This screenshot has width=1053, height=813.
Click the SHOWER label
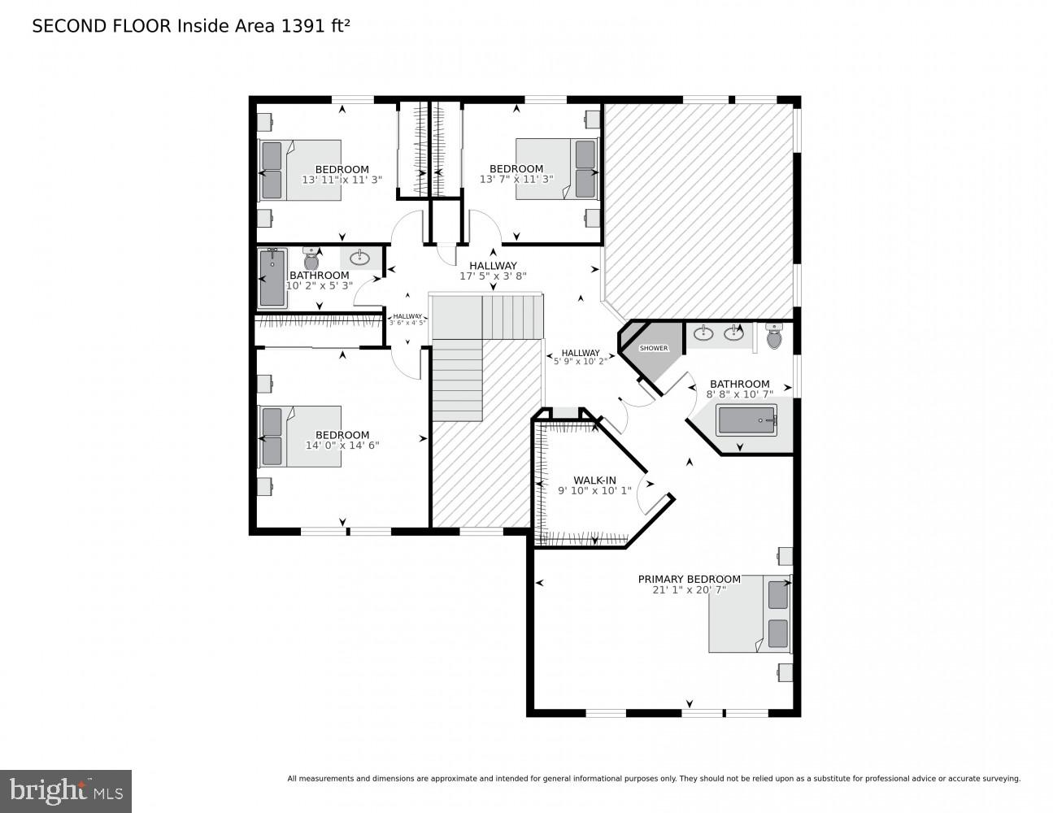tap(654, 348)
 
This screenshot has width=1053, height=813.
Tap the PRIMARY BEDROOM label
tap(689, 579)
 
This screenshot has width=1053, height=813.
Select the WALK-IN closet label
tap(594, 480)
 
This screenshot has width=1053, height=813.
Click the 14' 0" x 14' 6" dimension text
tap(342, 446)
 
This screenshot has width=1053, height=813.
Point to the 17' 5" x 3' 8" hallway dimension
tap(493, 276)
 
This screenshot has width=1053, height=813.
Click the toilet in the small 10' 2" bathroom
tap(311, 258)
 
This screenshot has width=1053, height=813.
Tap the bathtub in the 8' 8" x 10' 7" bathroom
tap(746, 420)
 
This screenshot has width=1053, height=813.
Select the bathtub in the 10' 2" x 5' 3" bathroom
tap(272, 278)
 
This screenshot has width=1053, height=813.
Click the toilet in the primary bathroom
tap(773, 335)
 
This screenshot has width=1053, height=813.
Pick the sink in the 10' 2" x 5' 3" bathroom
tap(359, 259)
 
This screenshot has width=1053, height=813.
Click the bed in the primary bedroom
tap(749, 614)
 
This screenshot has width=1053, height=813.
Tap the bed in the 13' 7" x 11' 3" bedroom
tap(557, 168)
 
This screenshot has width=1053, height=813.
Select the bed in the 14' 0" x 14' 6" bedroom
tap(299, 437)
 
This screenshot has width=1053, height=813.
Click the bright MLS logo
tap(66, 791)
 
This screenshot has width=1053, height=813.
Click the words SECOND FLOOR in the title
tap(102, 26)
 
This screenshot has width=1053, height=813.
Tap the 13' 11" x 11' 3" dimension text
tap(342, 180)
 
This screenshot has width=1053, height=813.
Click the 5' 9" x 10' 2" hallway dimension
tap(580, 362)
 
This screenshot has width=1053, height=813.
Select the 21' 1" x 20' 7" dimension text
tap(689, 590)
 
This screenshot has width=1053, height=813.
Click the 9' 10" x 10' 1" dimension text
tap(594, 490)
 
